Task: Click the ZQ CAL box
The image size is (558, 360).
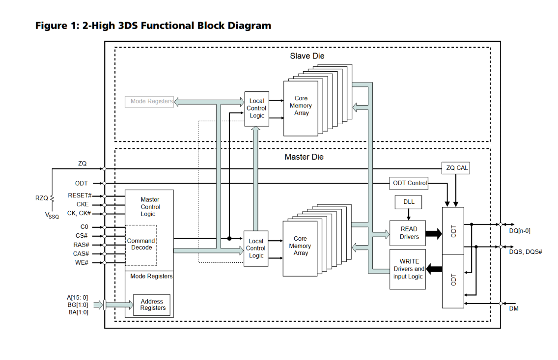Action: pos(456,168)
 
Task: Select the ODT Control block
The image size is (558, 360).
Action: pos(409,183)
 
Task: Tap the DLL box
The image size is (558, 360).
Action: pos(408,201)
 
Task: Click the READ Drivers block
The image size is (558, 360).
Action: pos(407,233)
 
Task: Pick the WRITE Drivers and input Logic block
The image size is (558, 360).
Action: pos(407,269)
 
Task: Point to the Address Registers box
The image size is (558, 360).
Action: pos(152,305)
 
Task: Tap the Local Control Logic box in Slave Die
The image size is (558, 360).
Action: pos(256,109)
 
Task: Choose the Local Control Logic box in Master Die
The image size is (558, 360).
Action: pos(256,249)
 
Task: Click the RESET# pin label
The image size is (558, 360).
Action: pos(80,195)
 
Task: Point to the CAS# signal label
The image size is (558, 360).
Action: pos(81,254)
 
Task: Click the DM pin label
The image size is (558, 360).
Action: pos(514,308)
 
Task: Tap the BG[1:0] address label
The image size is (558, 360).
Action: pos(78,305)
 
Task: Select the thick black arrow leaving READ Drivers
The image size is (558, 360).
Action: pos(434,233)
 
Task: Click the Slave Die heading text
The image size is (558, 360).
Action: pos(307,56)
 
